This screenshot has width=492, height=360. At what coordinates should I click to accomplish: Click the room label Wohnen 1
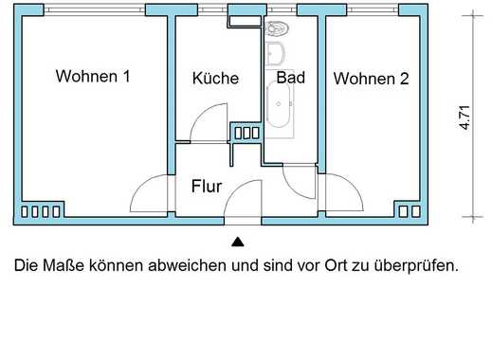[93, 76]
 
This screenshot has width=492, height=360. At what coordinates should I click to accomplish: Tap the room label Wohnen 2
[371, 79]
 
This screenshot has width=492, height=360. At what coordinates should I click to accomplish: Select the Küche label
[215, 78]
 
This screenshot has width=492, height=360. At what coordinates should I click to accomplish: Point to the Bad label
[291, 78]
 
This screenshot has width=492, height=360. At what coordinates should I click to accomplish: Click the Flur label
[207, 187]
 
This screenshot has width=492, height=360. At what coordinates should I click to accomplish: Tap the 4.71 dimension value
[465, 117]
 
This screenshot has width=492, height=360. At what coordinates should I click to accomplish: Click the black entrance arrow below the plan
[238, 242]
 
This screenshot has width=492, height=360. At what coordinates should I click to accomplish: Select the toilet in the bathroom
[277, 28]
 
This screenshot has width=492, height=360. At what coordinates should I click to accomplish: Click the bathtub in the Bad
[279, 103]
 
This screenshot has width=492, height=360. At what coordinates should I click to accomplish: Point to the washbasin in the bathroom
[276, 54]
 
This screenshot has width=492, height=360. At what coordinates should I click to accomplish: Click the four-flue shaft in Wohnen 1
[41, 211]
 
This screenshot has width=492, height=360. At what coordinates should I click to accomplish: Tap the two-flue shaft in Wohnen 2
[410, 211]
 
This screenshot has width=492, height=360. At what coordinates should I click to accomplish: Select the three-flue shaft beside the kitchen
[247, 133]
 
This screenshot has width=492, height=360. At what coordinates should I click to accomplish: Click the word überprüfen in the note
[416, 265]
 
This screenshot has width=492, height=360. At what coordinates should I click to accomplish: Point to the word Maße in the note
[64, 265]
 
